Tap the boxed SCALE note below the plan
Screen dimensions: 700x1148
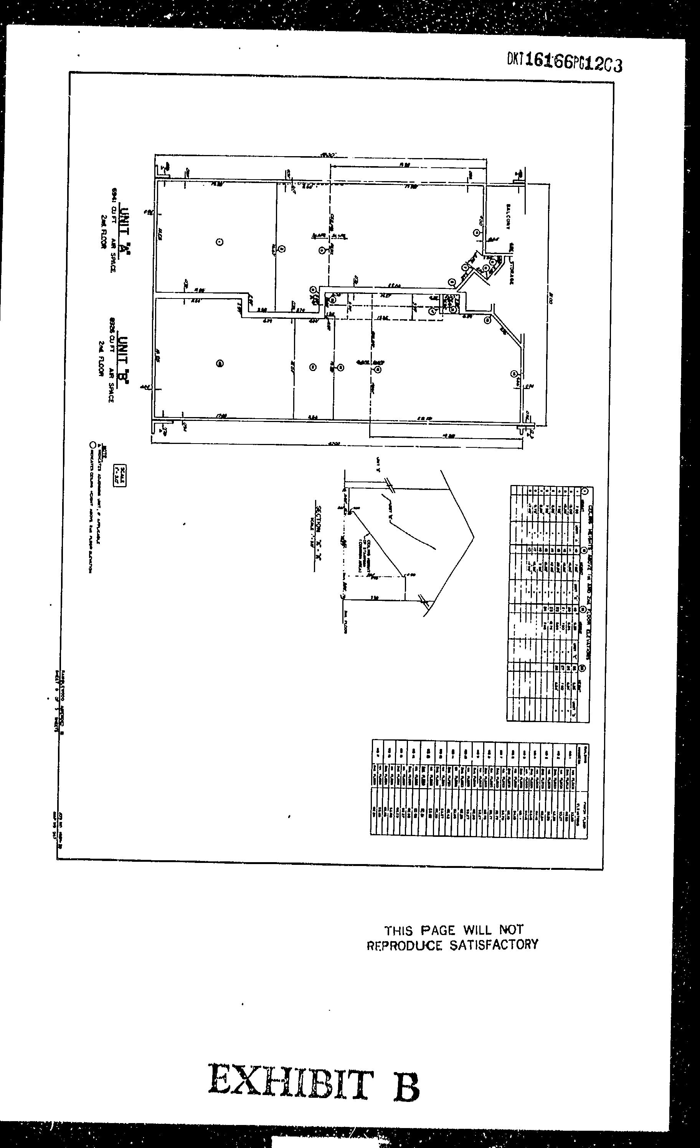click(x=120, y=476)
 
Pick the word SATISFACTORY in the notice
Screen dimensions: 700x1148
click(x=494, y=944)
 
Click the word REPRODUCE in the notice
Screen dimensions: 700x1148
click(x=404, y=945)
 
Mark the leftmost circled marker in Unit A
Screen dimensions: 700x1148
click(x=220, y=242)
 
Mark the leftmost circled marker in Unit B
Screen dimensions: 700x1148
click(x=220, y=363)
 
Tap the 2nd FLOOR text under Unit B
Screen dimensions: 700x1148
click(x=101, y=358)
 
